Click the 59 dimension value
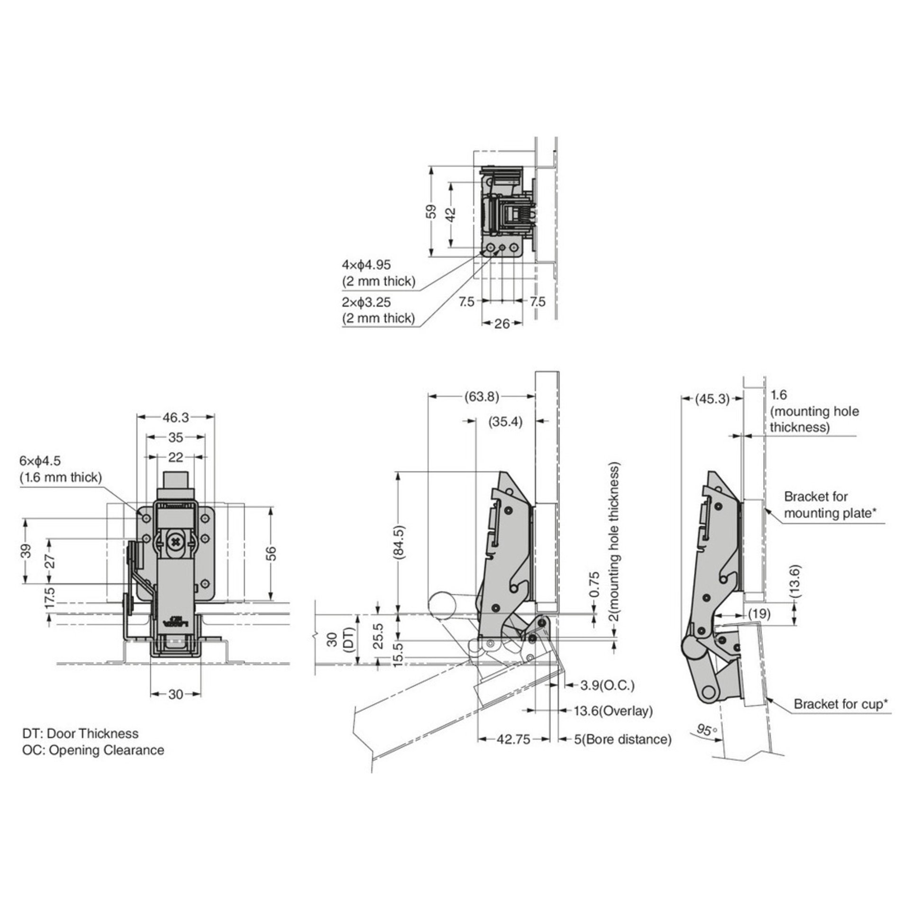pyautogui.click(x=431, y=211)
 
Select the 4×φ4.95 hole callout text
pyautogui.click(x=366, y=264)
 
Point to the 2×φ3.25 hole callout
pyautogui.click(x=366, y=302)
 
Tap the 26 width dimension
pyautogui.click(x=502, y=323)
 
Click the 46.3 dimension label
pyautogui.click(x=175, y=417)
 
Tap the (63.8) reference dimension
pyautogui.click(x=482, y=397)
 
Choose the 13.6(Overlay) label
pyautogui.click(x=613, y=724)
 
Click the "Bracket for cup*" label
pyautogui.click(x=840, y=718)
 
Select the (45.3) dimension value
pyautogui.click(x=712, y=399)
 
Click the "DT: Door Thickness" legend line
pyautogui.click(x=81, y=734)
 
